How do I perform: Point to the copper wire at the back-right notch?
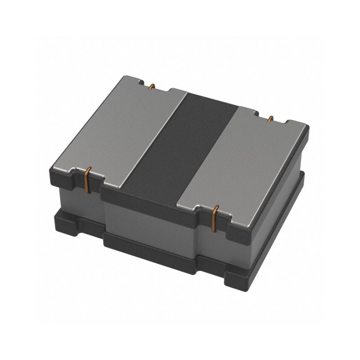pos(270,119)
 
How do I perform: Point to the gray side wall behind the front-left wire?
pos(76,198)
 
